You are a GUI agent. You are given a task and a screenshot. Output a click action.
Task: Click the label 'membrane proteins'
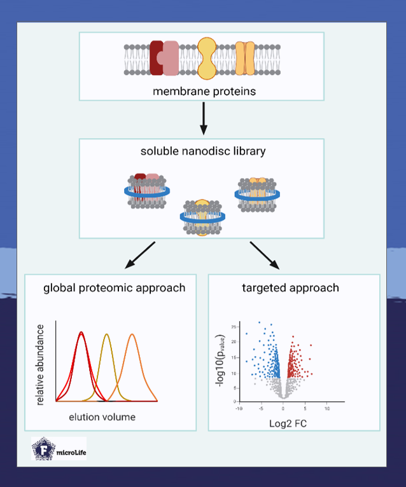coord(204,91)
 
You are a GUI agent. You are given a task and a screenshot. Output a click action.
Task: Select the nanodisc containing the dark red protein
coord(147,191)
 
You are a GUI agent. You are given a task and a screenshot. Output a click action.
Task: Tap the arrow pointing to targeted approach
coord(263,255)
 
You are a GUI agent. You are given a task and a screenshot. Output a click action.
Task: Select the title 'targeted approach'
coord(290,288)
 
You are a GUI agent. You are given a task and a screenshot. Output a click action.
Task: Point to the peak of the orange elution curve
coord(132,334)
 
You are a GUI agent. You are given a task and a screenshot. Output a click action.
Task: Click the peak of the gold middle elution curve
coord(107,334)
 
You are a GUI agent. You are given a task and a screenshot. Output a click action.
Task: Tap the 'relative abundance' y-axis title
coord(40,364)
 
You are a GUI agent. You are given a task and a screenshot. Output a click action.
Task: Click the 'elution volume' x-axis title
coord(102,418)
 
